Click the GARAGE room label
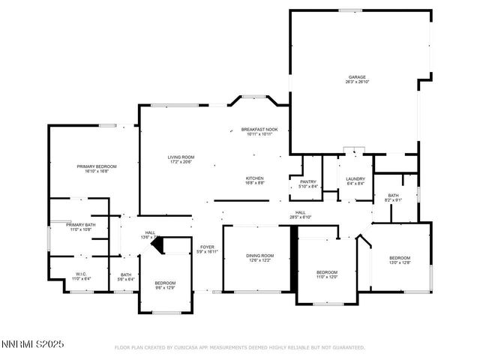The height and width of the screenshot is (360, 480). coord(356,76)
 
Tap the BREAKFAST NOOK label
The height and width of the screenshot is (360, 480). coord(259,129)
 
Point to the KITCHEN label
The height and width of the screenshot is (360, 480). coord(255,178)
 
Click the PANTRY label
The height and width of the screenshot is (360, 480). coord(308,181)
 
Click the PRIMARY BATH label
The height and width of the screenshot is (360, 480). coord(79,224)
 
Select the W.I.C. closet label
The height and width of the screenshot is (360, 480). coord(82,273)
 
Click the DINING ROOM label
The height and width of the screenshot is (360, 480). coord(260,256)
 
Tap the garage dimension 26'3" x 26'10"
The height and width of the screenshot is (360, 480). coord(356,82)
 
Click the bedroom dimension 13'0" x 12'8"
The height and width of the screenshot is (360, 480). coord(400,262)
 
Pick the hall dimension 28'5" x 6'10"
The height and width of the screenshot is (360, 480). coord(300,217)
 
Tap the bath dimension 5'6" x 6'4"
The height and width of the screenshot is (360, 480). coord(126,279)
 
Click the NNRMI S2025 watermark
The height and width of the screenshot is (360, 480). coord(32,344)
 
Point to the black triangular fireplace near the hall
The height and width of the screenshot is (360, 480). coord(156,244)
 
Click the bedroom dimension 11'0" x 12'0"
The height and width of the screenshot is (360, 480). coord(327,277)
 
